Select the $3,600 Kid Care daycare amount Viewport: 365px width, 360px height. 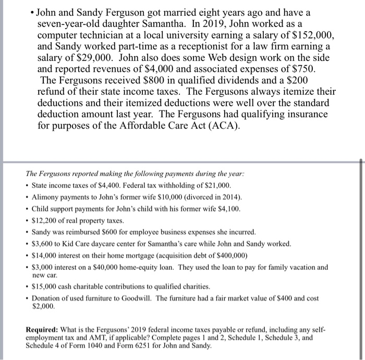pyautogui.click(x=42, y=243)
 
